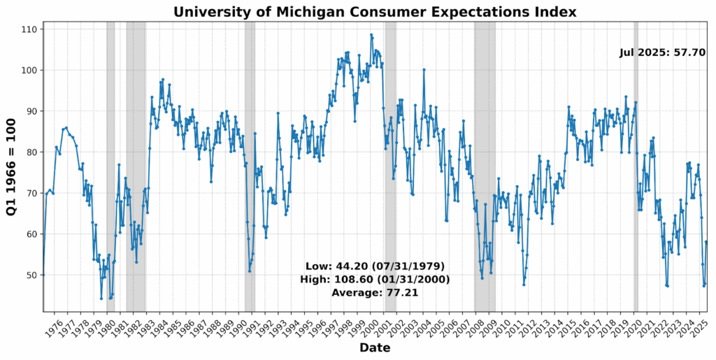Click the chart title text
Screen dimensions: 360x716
[x=375, y=12]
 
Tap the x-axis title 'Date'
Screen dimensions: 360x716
[x=375, y=347]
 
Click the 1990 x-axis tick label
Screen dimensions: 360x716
[x=239, y=326]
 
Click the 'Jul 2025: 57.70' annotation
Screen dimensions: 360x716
[x=662, y=52]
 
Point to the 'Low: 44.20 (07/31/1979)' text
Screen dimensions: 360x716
[x=375, y=266]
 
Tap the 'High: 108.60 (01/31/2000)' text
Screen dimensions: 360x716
[x=375, y=280]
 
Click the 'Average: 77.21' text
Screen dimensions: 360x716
[x=375, y=293]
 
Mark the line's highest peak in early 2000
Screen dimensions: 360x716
[x=371, y=35]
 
